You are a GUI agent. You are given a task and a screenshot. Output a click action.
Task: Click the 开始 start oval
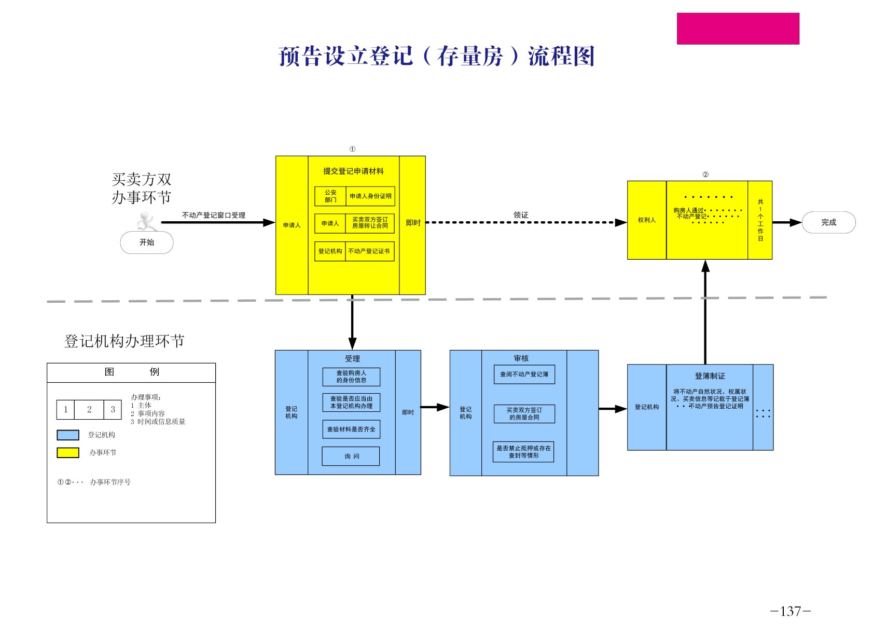pyautogui.click(x=147, y=243)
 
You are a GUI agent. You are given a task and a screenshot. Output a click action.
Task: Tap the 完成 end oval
pyautogui.click(x=828, y=222)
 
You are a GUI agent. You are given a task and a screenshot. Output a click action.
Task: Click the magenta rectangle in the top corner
pyautogui.click(x=738, y=29)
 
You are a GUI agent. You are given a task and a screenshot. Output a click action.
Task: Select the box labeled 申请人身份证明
pyautogui.click(x=370, y=196)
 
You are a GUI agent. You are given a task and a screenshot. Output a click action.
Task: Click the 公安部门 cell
pyautogui.click(x=330, y=196)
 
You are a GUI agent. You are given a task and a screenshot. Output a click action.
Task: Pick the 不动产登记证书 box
pyautogui.click(x=369, y=251)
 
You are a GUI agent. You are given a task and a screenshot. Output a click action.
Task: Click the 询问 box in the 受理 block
pyautogui.click(x=351, y=457)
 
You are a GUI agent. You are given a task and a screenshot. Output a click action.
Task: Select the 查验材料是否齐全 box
pyautogui.click(x=351, y=430)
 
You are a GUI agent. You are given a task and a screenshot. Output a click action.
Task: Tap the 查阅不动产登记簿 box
pyautogui.click(x=524, y=374)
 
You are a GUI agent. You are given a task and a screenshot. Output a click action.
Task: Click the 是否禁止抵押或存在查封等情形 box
pyautogui.click(x=523, y=452)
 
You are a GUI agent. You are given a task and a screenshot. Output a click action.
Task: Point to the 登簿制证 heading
pyautogui.click(x=710, y=376)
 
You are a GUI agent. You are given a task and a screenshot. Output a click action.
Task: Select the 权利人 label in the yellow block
pyautogui.click(x=646, y=220)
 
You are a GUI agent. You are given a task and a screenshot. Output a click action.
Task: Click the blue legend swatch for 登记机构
pyautogui.click(x=68, y=435)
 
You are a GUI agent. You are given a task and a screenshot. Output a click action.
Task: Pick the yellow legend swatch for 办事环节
pyautogui.click(x=68, y=453)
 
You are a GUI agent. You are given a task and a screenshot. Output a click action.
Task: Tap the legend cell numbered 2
pyautogui.click(x=89, y=410)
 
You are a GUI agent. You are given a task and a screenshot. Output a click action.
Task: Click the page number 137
pyautogui.click(x=790, y=611)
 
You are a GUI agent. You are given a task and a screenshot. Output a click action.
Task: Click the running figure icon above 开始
pyautogui.click(x=146, y=222)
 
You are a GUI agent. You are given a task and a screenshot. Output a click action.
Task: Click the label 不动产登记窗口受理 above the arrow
pyautogui.click(x=214, y=215)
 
